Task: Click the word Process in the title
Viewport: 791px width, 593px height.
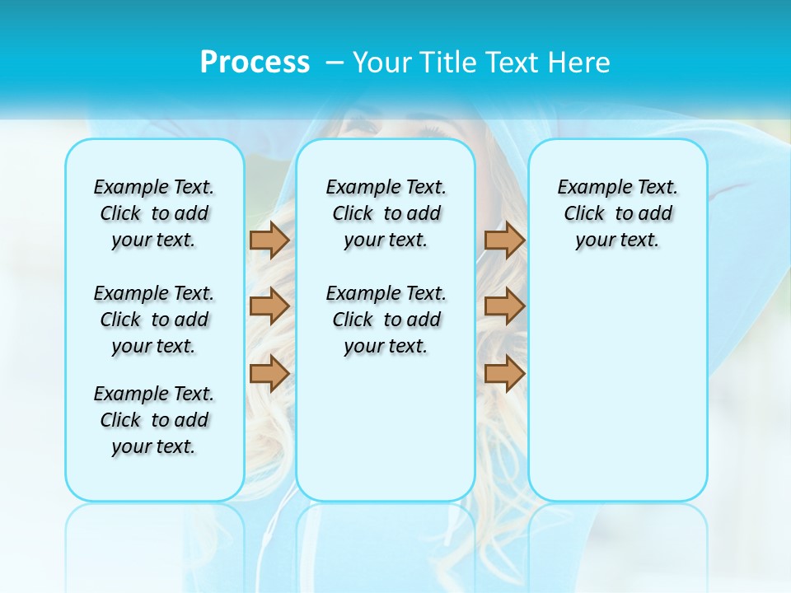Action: click(255, 63)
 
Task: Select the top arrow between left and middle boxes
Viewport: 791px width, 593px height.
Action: click(269, 240)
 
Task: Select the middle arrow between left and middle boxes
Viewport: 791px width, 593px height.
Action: click(269, 306)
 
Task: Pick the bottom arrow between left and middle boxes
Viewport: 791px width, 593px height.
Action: click(269, 373)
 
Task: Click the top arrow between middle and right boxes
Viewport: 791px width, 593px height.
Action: click(504, 240)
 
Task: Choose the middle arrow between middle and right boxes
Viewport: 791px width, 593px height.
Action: click(504, 306)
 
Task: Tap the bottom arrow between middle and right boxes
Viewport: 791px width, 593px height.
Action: click(504, 373)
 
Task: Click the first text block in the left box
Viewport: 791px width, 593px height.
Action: click(154, 213)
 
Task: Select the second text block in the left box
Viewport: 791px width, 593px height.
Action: click(154, 320)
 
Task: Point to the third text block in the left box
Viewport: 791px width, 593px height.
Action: click(154, 420)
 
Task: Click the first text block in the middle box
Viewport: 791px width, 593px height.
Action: click(386, 213)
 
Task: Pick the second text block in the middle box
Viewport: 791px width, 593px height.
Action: click(386, 320)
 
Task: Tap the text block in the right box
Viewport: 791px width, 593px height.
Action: click(617, 213)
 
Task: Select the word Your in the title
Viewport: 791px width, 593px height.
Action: click(383, 63)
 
